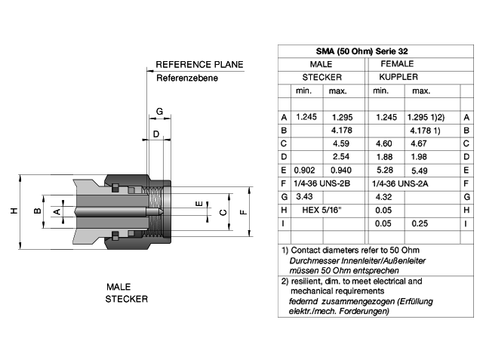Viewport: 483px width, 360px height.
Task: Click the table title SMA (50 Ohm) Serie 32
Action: point(361,51)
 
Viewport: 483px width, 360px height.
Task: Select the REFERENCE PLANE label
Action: point(199,64)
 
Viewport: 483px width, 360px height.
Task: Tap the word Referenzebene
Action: point(187,78)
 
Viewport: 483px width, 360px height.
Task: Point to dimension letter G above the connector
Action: point(159,111)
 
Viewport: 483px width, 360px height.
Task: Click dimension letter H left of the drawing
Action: point(14,211)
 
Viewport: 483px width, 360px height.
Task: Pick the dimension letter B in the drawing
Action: point(37,211)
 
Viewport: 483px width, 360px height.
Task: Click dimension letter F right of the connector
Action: point(243,212)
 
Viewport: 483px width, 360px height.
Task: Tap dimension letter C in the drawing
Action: point(223,212)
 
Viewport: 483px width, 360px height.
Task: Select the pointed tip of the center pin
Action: point(162,211)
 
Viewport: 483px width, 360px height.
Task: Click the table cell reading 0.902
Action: point(304,171)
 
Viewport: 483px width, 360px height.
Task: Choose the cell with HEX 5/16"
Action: point(321,210)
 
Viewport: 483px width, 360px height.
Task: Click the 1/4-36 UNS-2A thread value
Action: point(400,184)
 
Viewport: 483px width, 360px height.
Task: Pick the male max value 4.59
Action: point(341,143)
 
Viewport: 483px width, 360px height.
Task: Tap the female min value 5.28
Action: point(384,171)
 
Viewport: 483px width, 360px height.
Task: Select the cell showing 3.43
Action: point(304,196)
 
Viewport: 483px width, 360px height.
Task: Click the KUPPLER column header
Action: point(398,77)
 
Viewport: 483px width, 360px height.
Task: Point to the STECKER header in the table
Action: point(322,77)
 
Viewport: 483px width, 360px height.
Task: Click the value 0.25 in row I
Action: point(420,223)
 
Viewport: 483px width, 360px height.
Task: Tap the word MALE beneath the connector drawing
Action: point(118,287)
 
